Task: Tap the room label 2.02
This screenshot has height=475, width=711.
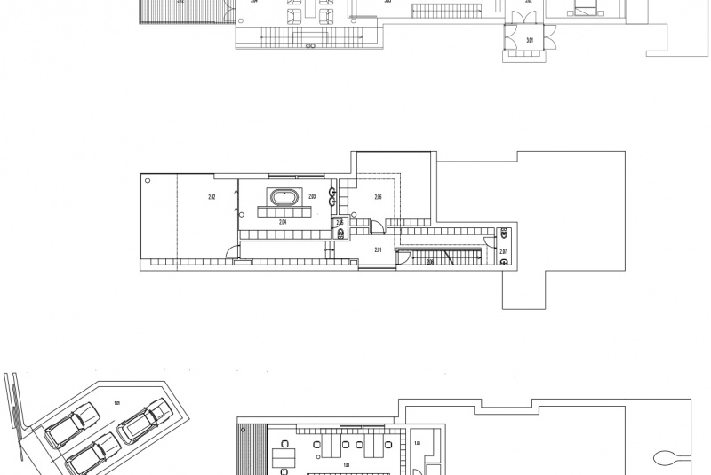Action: [x=212, y=196]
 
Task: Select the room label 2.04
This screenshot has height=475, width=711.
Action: [x=282, y=222]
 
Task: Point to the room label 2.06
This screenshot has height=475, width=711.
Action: [x=378, y=196]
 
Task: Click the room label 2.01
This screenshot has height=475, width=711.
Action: [x=378, y=250]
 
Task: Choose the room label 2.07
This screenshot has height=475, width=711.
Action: [x=503, y=252]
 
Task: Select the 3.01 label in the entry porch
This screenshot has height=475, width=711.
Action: [x=530, y=40]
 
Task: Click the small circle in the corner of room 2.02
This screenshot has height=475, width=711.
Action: [x=148, y=180]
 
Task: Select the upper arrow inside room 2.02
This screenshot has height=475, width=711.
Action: [x=236, y=194]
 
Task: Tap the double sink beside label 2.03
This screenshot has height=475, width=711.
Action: [x=333, y=196]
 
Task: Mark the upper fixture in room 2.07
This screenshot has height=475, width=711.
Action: [x=504, y=235]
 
